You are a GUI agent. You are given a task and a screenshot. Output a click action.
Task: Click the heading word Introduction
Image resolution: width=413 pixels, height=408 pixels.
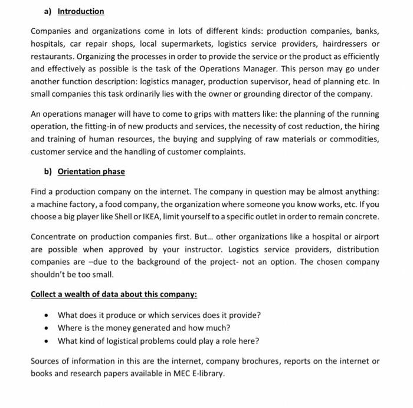click(x=81, y=11)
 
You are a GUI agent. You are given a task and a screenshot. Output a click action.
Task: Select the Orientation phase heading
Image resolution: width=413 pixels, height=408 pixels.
click(x=91, y=172)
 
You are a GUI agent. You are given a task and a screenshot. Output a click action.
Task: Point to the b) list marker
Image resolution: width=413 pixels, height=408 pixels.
click(x=48, y=172)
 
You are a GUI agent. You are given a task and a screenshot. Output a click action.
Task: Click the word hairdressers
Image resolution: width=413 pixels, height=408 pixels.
click(x=342, y=44)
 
